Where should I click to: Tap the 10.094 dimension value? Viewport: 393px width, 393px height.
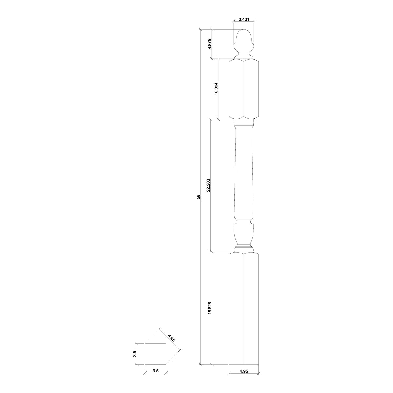click(x=216, y=88)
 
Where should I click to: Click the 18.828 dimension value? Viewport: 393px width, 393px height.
click(x=210, y=308)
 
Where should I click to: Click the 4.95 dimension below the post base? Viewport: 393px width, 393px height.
click(x=244, y=381)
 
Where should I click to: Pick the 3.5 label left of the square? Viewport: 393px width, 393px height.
click(x=134, y=354)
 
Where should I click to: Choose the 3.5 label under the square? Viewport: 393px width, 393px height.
click(x=156, y=371)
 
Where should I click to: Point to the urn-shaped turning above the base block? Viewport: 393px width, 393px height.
click(x=244, y=233)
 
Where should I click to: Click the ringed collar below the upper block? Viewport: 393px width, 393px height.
click(x=244, y=124)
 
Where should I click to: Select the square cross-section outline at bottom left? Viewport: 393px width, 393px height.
click(x=156, y=354)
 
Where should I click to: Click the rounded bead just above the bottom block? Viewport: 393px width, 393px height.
click(x=244, y=249)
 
